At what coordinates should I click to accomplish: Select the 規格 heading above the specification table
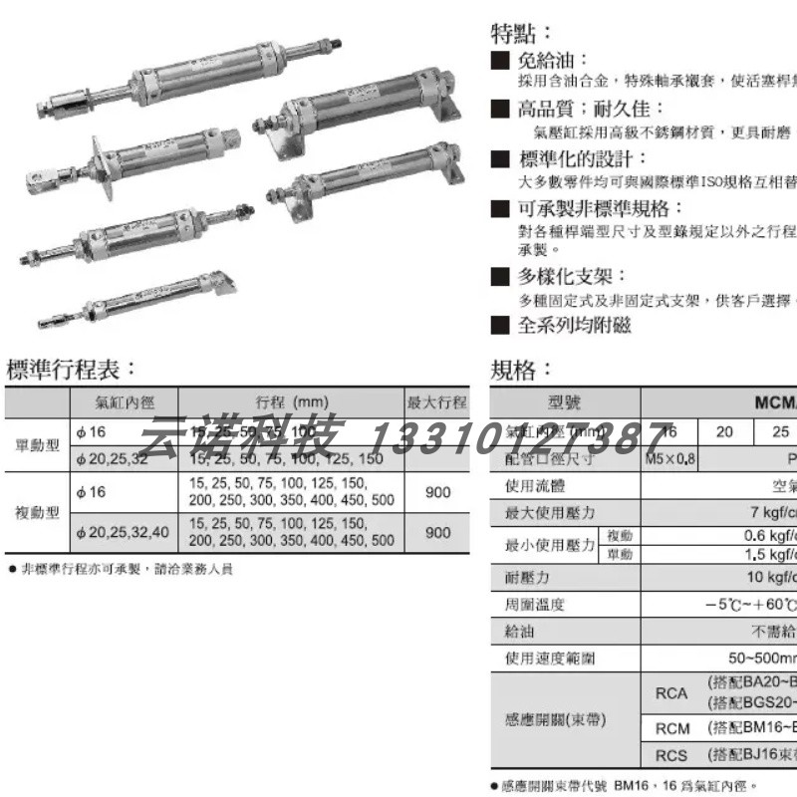pyautogui.click(x=522, y=370)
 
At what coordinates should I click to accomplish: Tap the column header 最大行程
pyautogui.click(x=437, y=403)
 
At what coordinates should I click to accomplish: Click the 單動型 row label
pyautogui.click(x=38, y=445)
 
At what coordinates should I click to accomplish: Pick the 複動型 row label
pyautogui.click(x=38, y=514)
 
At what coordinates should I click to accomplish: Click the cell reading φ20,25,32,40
pyautogui.click(x=123, y=534)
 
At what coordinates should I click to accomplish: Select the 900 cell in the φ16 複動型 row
pyautogui.click(x=438, y=493)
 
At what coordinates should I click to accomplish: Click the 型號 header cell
pyautogui.click(x=565, y=403)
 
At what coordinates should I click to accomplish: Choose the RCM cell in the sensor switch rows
pyautogui.click(x=672, y=728)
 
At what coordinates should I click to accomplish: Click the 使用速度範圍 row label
pyautogui.click(x=548, y=659)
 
